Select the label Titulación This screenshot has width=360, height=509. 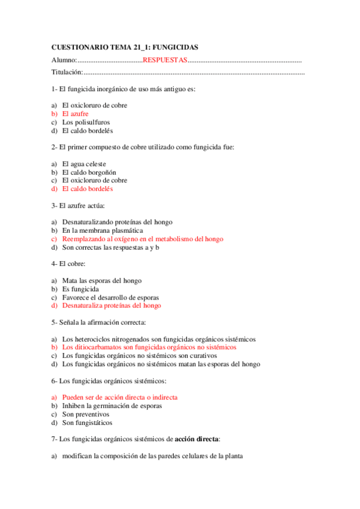coord(67,73)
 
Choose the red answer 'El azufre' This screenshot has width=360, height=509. coord(75,113)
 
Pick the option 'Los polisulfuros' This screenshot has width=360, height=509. coord(86,122)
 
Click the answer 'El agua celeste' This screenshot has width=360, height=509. coord(84,164)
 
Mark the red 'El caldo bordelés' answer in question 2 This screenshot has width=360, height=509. coord(87,188)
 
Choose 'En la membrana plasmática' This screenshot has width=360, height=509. coord(102,230)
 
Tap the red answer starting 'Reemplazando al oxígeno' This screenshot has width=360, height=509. coord(142,239)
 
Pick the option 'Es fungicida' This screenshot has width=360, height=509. coord(81,289)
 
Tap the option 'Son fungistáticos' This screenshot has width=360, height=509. coord(87,422)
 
